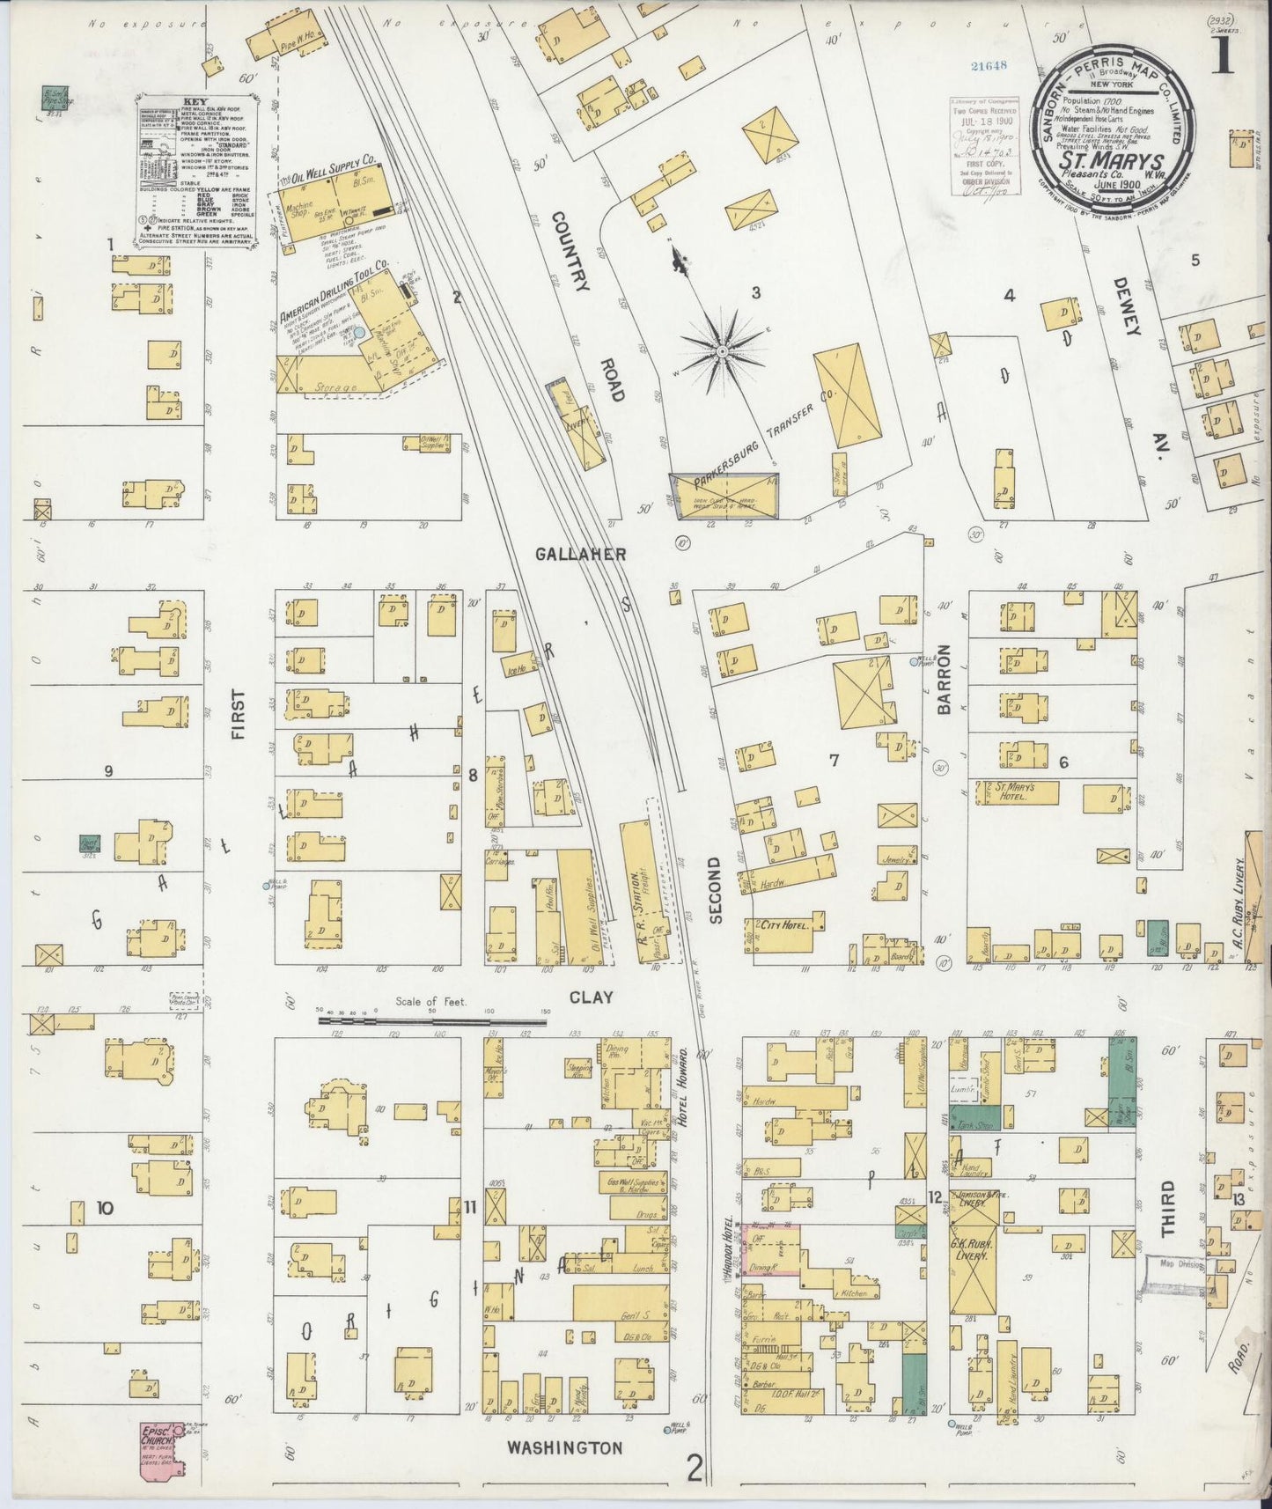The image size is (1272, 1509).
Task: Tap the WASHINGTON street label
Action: click(x=566, y=1446)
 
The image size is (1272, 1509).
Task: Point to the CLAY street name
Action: click(x=591, y=997)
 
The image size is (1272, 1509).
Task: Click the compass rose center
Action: click(x=722, y=351)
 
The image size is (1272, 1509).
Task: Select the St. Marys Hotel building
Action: click(x=1014, y=791)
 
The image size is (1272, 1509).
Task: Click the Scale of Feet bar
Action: click(x=431, y=1021)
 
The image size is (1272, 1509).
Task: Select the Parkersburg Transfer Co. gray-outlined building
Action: click(x=724, y=496)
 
